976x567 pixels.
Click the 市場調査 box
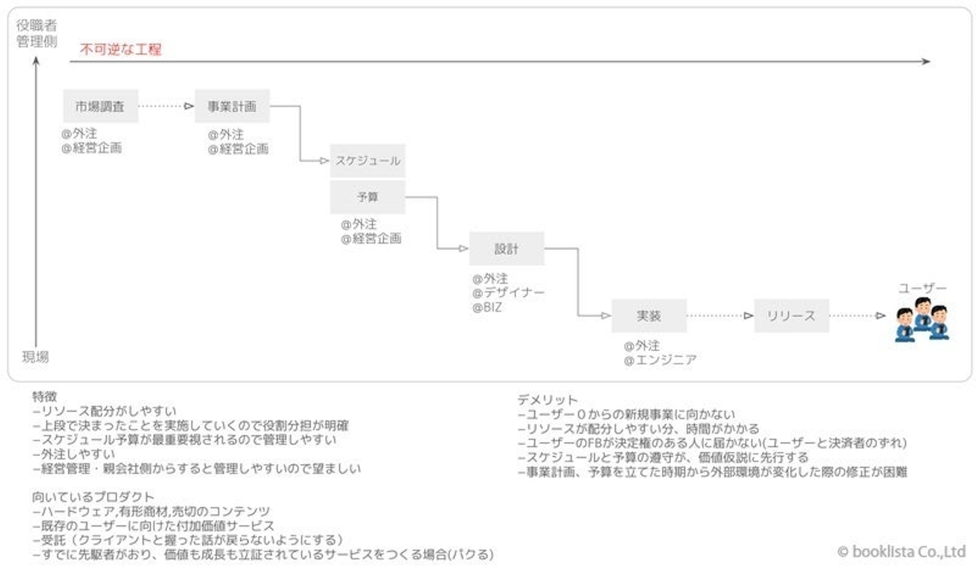tap(100, 106)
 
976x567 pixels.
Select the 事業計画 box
tap(232, 106)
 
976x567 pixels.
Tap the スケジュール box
tap(368, 161)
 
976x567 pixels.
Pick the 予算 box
tap(368, 197)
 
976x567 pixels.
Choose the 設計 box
tap(507, 249)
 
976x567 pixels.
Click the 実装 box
tap(649, 316)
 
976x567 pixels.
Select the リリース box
tap(792, 316)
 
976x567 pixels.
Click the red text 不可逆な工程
tap(121, 49)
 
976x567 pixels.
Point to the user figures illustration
tap(922, 319)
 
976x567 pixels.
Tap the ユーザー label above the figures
tap(922, 288)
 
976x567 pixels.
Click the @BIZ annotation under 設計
tap(487, 308)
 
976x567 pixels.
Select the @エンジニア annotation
tap(660, 360)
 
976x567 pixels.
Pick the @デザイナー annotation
tap(508, 293)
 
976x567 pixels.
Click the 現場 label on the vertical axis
tap(35, 357)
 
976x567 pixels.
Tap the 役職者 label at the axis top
tap(37, 25)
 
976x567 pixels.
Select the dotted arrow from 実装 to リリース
tap(720, 316)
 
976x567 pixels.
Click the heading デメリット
tap(547, 400)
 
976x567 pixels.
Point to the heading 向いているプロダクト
tap(94, 497)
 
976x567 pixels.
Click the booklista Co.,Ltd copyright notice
tap(901, 551)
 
